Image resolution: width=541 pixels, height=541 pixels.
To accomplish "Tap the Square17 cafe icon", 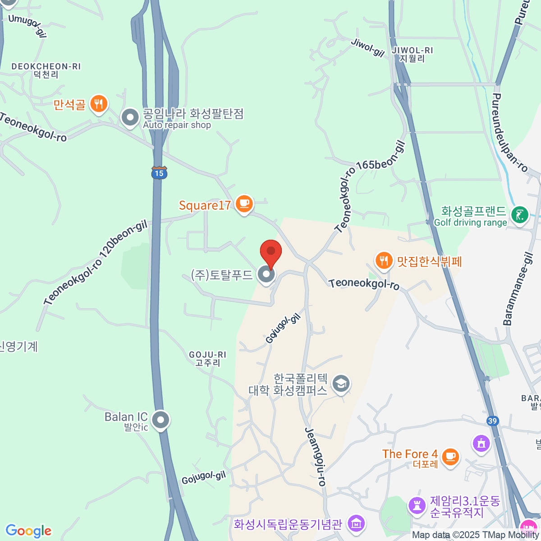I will [x=244, y=204].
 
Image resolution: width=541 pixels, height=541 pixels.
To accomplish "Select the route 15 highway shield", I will [x=159, y=173].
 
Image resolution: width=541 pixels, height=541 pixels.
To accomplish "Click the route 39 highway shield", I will [x=492, y=421].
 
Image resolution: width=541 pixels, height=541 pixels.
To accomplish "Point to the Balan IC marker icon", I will [x=160, y=420].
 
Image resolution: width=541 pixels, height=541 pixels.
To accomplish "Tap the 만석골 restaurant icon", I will [x=98, y=104].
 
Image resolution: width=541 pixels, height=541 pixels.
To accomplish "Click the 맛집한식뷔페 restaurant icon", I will [x=384, y=261].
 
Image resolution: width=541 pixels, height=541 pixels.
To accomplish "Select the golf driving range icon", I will [x=519, y=215].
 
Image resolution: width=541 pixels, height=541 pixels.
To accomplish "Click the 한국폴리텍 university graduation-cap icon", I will [x=341, y=384].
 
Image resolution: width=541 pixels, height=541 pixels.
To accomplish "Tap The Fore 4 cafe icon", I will [x=450, y=456].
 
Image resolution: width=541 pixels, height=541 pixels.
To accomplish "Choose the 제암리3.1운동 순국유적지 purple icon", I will [x=417, y=505].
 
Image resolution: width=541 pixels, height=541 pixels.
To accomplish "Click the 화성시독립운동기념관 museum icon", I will [x=357, y=524].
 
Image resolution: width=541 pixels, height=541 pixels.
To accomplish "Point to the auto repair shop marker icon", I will [x=130, y=118].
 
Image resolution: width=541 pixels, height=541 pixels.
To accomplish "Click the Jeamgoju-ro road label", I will [x=315, y=456].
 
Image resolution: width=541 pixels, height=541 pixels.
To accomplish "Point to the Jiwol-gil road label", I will [x=367, y=48].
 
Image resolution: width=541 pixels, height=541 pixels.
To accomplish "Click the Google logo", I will [x=28, y=531].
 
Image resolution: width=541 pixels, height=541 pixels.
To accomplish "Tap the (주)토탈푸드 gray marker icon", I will [x=266, y=274].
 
